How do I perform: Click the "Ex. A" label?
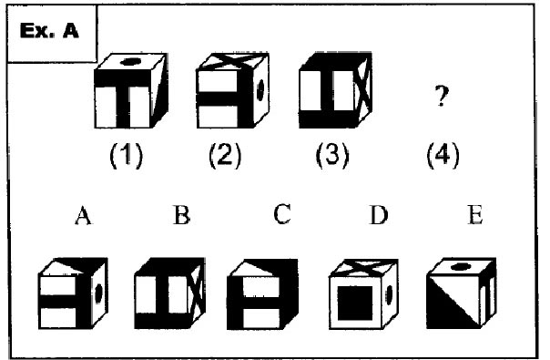(49, 31)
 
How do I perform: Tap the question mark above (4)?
(442, 96)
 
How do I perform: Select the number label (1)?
(127, 155)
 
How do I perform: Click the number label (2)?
(225, 155)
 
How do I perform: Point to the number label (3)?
(332, 155)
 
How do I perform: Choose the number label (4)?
(443, 155)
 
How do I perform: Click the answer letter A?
(83, 215)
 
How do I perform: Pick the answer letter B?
(182, 215)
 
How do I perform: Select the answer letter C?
(282, 214)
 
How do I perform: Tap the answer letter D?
(379, 215)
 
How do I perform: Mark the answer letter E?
(475, 215)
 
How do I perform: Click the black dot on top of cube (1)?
(130, 62)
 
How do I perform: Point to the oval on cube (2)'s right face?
(260, 90)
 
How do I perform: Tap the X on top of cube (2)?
(233, 60)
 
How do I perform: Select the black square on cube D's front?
(355, 303)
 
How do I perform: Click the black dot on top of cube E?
(461, 266)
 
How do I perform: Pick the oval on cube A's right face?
(98, 293)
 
